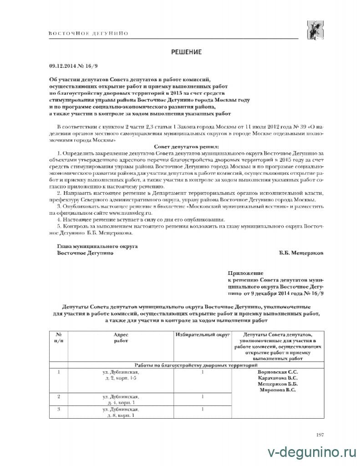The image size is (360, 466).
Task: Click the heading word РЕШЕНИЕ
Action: (x=186, y=52)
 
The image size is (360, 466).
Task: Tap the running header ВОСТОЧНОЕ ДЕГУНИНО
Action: (x=88, y=33)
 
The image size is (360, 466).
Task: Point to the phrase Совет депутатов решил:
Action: (x=186, y=147)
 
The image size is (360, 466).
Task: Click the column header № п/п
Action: (x=58, y=338)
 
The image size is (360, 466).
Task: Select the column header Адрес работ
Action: (x=121, y=338)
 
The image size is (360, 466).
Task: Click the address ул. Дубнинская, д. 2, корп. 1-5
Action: (x=121, y=375)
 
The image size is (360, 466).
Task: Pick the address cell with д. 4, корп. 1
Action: (x=121, y=400)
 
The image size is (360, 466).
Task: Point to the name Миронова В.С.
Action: (x=278, y=390)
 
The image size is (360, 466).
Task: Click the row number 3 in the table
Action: (x=58, y=410)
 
